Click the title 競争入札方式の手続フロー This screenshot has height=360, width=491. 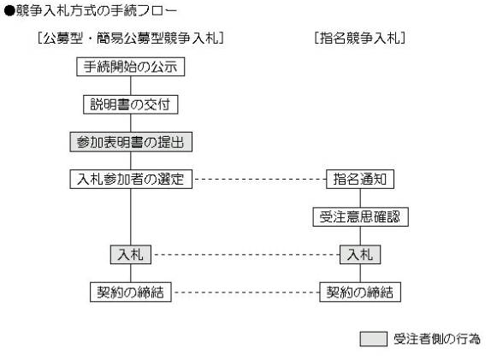(x=96, y=11)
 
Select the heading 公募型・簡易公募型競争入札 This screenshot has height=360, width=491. (x=131, y=38)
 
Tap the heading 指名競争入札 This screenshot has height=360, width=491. (x=360, y=38)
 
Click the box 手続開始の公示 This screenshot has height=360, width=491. (x=131, y=67)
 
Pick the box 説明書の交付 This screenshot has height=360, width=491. (x=131, y=104)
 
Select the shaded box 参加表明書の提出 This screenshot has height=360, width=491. (x=131, y=142)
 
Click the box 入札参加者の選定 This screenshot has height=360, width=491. (x=131, y=180)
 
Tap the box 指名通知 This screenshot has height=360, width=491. (x=360, y=180)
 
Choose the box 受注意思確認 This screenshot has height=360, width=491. (x=360, y=217)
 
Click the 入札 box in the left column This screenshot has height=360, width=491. (x=131, y=255)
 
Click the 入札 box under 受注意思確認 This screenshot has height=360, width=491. (x=360, y=255)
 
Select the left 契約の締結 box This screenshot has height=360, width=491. (x=131, y=292)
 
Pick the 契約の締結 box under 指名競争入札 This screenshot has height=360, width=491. (x=360, y=292)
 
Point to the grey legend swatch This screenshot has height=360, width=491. (x=373, y=339)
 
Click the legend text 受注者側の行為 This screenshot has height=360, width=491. (x=437, y=339)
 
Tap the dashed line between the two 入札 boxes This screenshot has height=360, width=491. (x=245, y=255)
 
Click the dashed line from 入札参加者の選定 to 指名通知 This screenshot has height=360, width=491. (x=259, y=180)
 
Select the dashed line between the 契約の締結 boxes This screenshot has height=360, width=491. (x=245, y=292)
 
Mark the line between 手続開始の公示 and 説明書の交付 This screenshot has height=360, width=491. (x=131, y=86)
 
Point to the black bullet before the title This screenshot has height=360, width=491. (x=9, y=11)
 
